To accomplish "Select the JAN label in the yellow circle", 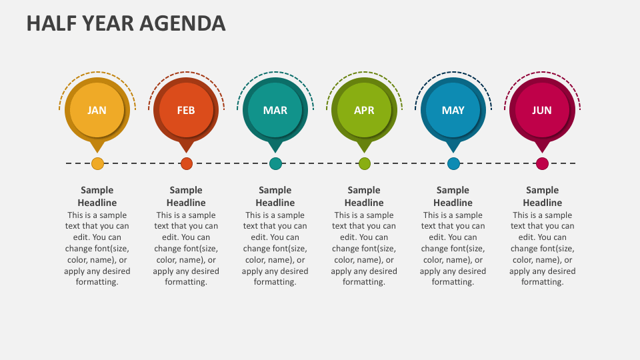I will (97, 110).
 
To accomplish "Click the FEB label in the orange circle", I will (186, 110).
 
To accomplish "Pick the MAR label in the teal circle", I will (275, 110).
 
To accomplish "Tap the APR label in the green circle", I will (364, 110).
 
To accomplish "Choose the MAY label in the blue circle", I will (453, 110).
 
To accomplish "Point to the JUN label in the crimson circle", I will (542, 110).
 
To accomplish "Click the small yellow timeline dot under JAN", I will (97, 163).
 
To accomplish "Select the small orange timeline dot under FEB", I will (187, 163).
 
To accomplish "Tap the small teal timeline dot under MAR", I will (275, 163).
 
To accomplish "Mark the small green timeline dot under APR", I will (365, 163).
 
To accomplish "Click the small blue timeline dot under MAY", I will (453, 163).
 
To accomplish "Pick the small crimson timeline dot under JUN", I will (543, 163).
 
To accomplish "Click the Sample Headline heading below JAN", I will (97, 196).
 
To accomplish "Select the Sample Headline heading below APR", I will (364, 196).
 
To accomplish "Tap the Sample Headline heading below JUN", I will (543, 196).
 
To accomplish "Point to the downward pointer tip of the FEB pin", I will (187, 151).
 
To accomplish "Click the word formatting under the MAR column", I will (275, 282).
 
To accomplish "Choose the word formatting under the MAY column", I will (453, 282).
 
